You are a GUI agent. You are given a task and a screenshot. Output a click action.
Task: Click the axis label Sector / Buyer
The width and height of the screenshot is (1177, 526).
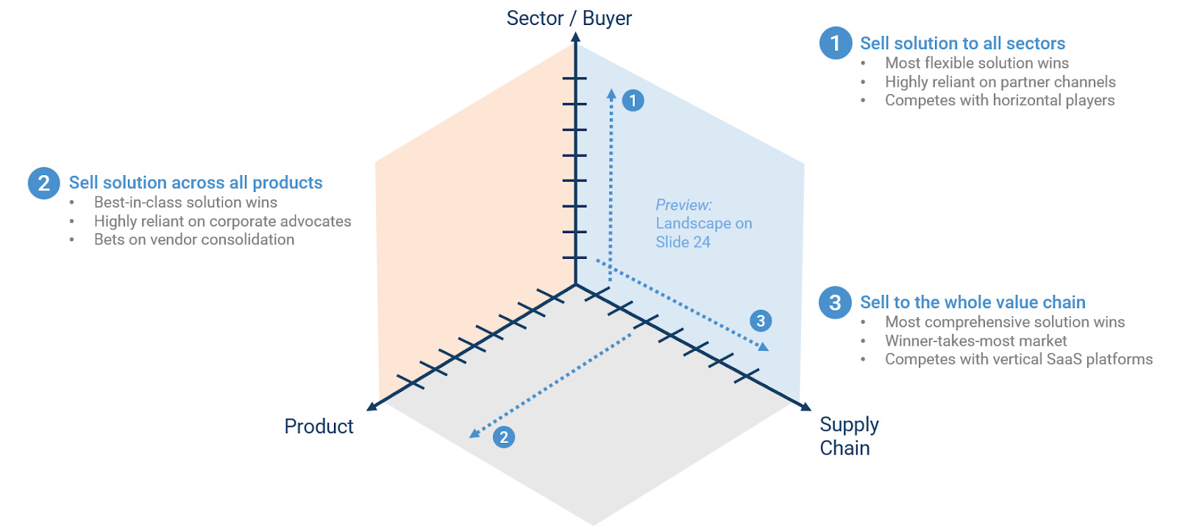(x=569, y=18)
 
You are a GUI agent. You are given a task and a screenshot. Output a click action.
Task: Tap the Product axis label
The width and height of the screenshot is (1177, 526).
(x=319, y=427)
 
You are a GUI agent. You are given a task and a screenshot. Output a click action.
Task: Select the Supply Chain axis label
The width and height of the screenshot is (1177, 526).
(x=848, y=436)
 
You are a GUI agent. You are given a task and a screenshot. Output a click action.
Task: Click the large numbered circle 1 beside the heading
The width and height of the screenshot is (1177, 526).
(x=836, y=43)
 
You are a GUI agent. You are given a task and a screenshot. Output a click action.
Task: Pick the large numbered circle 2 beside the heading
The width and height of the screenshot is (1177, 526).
(x=44, y=183)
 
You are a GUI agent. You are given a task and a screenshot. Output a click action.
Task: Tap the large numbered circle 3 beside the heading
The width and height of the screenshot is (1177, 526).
(x=835, y=302)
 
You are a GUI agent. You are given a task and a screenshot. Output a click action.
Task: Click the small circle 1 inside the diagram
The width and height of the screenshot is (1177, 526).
(x=633, y=101)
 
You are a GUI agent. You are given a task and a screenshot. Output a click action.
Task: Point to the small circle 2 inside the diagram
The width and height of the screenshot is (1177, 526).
(x=504, y=437)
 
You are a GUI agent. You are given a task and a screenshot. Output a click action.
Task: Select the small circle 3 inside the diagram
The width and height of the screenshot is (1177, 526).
(x=761, y=321)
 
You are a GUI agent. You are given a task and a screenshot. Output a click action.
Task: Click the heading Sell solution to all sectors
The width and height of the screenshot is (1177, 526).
(x=962, y=43)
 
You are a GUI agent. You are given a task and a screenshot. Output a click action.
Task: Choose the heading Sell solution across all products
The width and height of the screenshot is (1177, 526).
(x=196, y=182)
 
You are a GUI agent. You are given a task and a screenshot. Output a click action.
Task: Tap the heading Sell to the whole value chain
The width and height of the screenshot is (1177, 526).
(x=972, y=302)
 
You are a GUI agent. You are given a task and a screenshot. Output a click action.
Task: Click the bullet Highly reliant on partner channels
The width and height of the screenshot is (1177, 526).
(x=1000, y=82)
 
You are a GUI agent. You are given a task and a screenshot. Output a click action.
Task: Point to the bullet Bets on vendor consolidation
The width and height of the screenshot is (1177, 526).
(x=194, y=240)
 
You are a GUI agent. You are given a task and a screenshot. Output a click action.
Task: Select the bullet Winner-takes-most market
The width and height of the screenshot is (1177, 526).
(x=975, y=341)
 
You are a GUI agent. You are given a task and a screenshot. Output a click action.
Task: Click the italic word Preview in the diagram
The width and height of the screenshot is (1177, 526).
(x=683, y=205)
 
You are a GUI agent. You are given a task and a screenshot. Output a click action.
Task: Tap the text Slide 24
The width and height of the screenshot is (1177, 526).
(x=683, y=242)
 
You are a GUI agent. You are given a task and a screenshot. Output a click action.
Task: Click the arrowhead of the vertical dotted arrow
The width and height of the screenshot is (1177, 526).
(x=611, y=93)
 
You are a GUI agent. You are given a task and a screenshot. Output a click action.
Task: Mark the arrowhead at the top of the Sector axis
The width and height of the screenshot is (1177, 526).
(x=575, y=37)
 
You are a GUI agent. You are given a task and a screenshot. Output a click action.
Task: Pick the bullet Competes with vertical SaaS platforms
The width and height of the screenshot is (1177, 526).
(x=1018, y=359)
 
